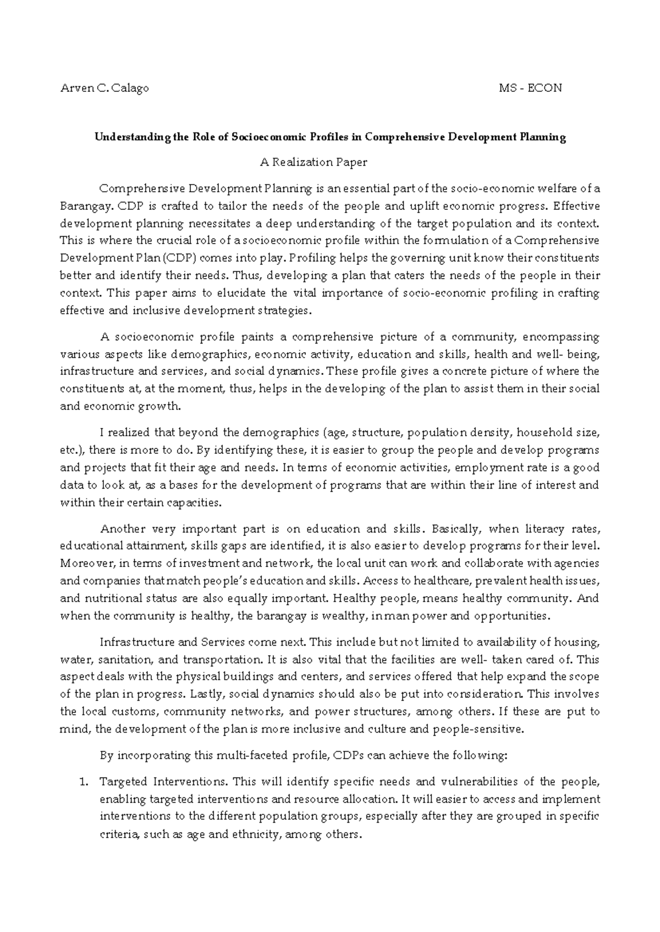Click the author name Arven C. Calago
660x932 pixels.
104,88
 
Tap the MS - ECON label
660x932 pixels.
530,88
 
